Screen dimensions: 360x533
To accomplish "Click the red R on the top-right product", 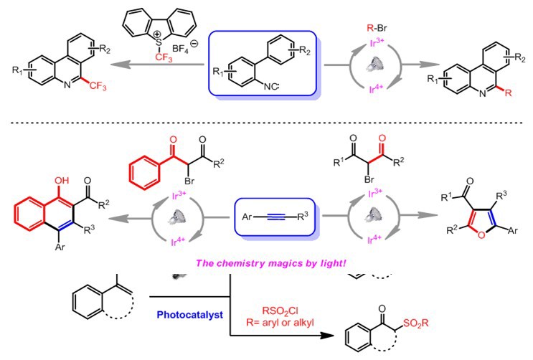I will pyautogui.click(x=491, y=94).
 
